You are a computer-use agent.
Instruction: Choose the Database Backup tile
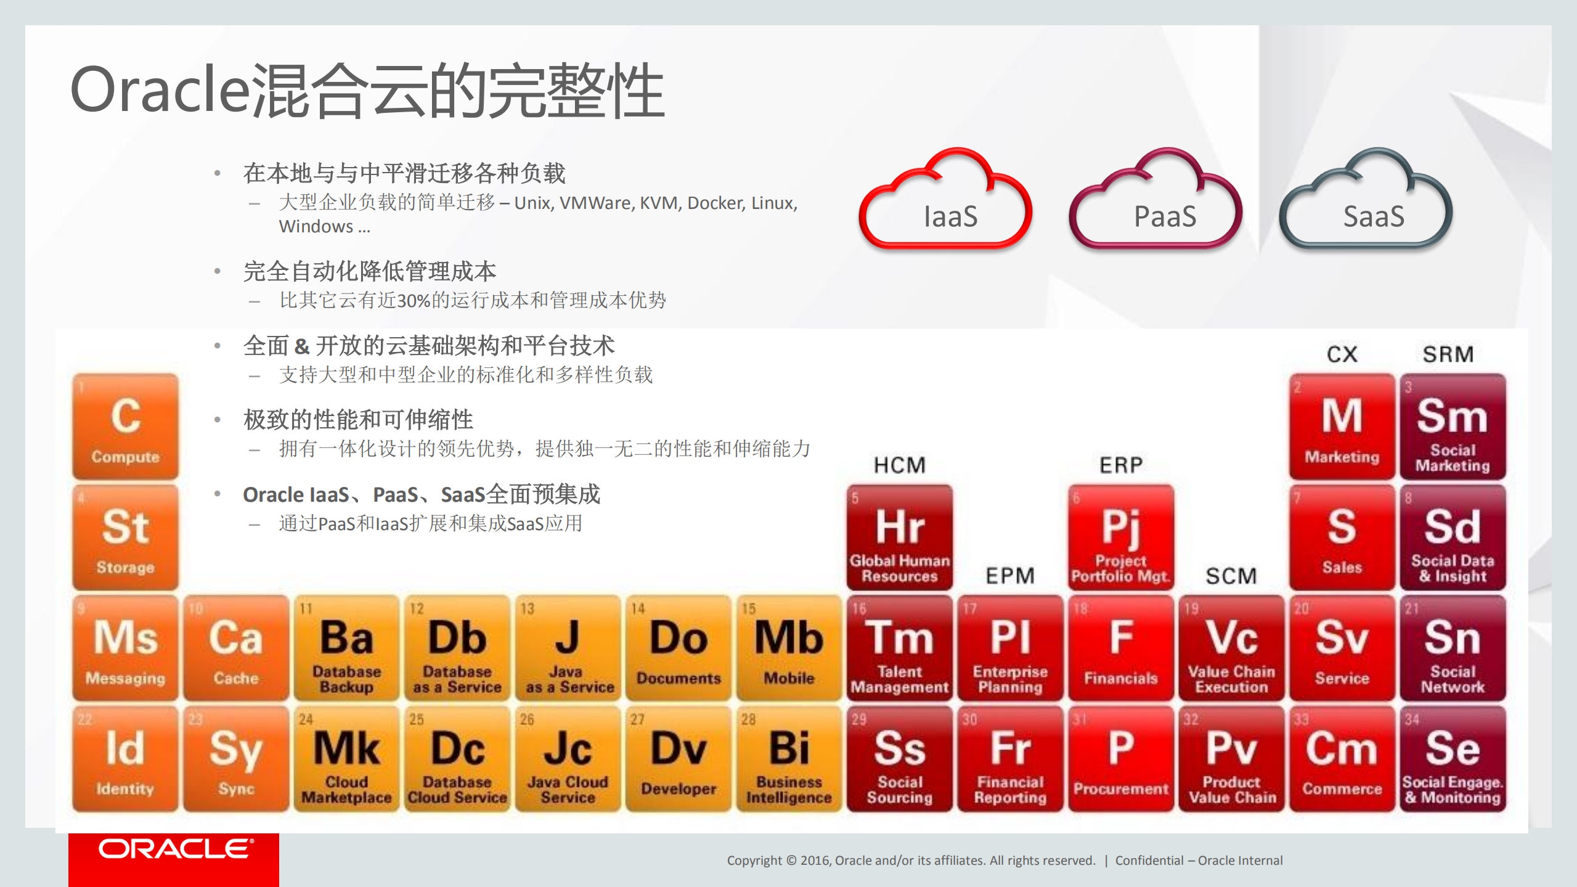point(346,648)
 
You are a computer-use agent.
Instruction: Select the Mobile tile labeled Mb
point(789,648)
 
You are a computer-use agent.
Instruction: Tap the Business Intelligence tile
point(789,759)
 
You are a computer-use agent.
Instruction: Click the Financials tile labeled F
point(1121,648)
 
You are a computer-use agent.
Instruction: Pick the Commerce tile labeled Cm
point(1342,759)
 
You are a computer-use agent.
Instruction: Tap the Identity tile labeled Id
point(126,759)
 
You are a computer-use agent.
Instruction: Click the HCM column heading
point(900,465)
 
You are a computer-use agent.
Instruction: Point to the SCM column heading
point(1231,576)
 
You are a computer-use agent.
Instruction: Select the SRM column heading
point(1448,354)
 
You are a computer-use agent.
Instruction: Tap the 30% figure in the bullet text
point(414,301)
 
